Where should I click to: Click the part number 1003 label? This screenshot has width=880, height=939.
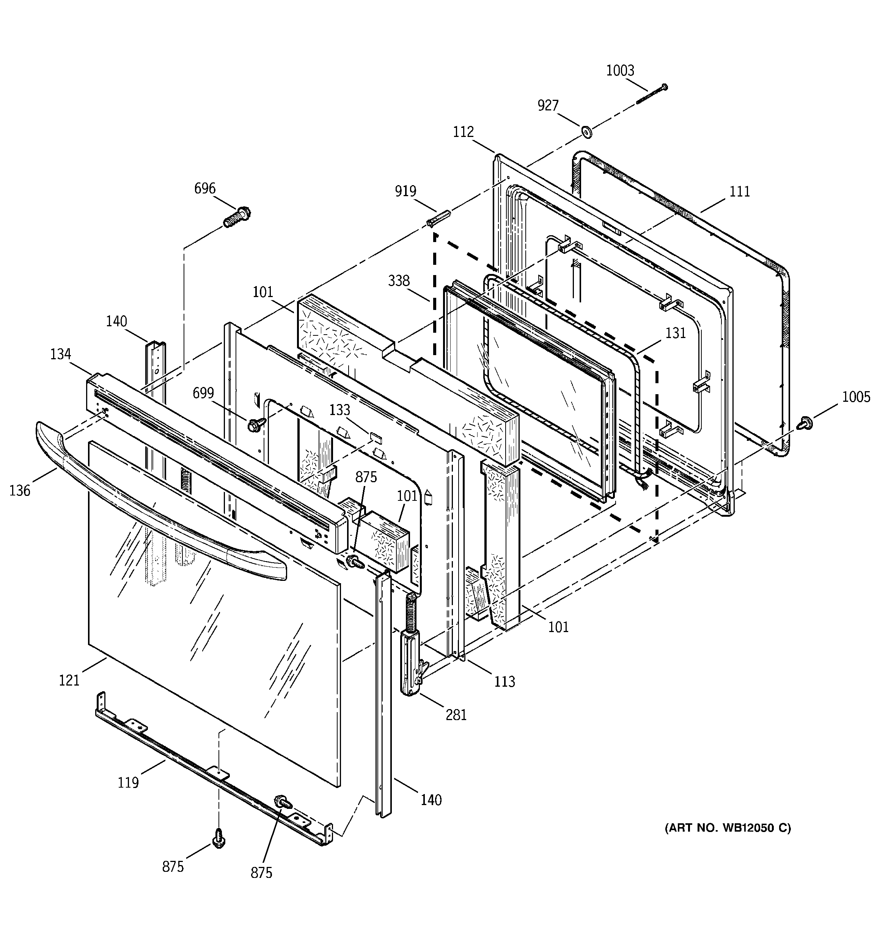620,71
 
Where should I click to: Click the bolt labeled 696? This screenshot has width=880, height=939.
237,218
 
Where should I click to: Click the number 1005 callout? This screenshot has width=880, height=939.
855,397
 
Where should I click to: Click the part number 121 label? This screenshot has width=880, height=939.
69,681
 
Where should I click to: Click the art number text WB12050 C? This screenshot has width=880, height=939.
728,828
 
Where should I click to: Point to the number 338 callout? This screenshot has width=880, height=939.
399,281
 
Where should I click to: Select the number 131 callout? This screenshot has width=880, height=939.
676,333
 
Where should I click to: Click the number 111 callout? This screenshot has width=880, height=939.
740,191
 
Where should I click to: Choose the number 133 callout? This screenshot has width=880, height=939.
339,410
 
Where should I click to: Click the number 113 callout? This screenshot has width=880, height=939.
504,681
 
